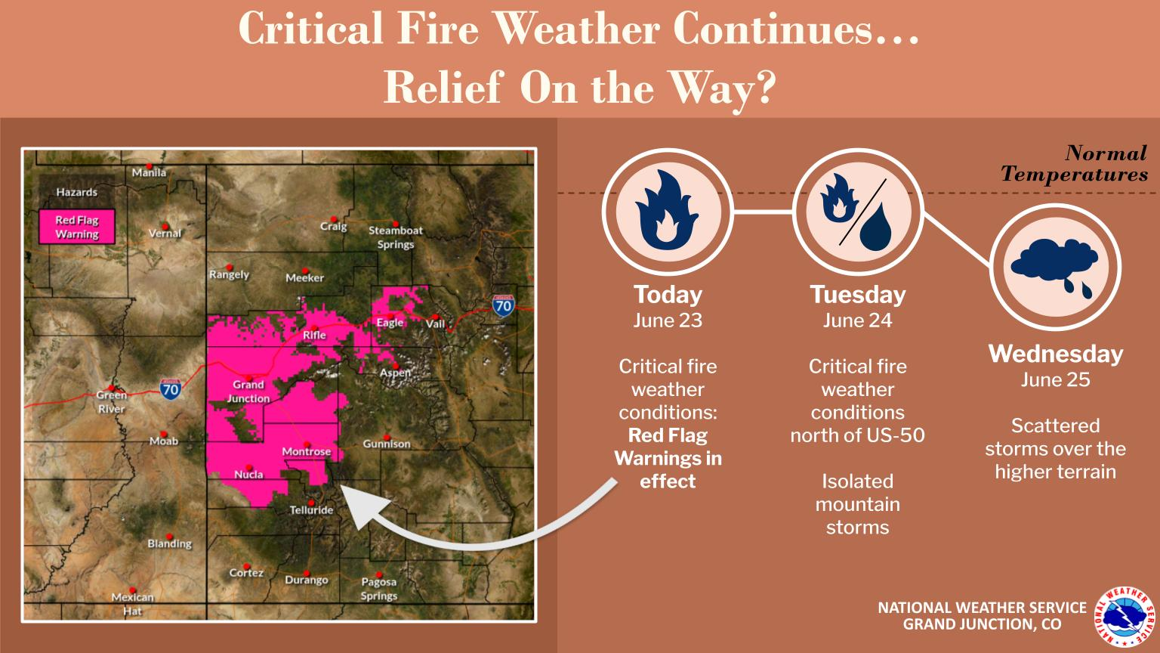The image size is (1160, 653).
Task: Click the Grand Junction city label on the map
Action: (248, 391)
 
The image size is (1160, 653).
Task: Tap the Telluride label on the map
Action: (311, 510)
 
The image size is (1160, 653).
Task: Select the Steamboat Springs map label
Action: (396, 237)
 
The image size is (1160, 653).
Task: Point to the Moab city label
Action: (164, 441)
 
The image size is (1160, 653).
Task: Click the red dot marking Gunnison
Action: (387, 437)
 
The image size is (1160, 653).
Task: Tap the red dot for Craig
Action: (334, 219)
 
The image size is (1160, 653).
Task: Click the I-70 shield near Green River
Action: (171, 388)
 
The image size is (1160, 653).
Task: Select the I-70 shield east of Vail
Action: (503, 306)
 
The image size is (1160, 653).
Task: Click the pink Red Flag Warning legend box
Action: (77, 227)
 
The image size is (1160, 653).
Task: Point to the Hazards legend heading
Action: (76, 192)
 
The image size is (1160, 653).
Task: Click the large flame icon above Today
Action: (667, 210)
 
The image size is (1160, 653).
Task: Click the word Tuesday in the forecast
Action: (858, 295)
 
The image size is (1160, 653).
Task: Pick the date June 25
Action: (1055, 380)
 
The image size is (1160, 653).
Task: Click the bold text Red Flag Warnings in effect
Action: (668, 458)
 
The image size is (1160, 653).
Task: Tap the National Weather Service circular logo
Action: (1125, 616)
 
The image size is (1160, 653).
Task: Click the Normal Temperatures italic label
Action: (1075, 163)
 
